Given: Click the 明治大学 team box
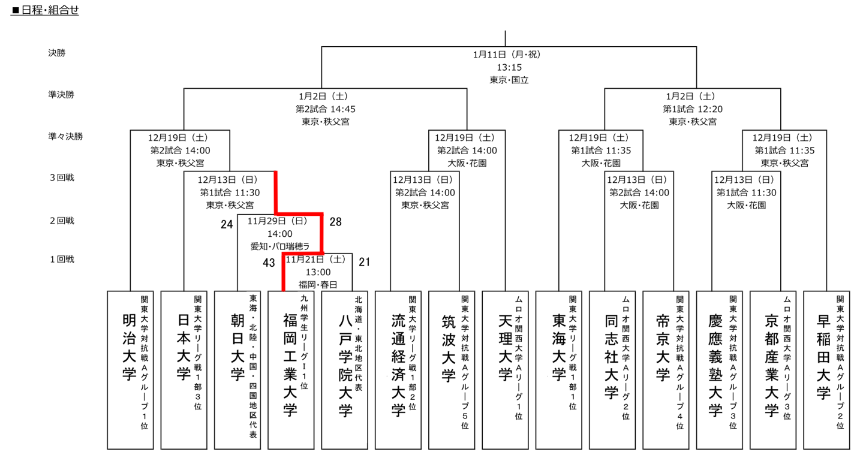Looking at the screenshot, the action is coord(130,370).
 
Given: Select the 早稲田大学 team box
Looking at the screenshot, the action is coord(826,370).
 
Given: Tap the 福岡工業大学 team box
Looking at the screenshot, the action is coord(291,370).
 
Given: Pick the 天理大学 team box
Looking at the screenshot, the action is coord(505,370).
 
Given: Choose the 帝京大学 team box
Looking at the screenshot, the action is coord(666,370).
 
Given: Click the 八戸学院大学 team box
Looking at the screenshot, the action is coord(344,370).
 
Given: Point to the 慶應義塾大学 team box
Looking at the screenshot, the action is coord(719,370).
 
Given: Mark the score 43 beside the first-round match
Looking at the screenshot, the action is coord(269,263).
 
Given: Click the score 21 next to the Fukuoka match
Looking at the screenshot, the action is coord(365,262).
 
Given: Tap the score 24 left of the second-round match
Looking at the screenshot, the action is coord(227,224).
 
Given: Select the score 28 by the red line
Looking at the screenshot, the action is coord(336,221).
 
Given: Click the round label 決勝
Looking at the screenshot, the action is coord(56,53).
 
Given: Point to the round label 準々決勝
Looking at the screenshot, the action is coord(65,136).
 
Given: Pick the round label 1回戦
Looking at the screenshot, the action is coord(62,259).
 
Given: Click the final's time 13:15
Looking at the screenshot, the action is coord(509,67).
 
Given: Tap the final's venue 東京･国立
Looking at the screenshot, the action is coord(509,80).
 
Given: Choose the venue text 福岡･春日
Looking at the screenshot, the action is coord(318,285).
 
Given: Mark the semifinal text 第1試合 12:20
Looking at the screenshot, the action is coord(692,109).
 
